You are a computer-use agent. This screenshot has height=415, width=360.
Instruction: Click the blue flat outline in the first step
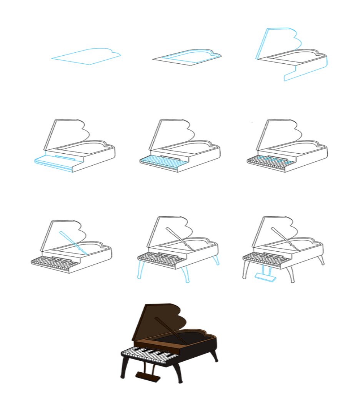click(87, 56)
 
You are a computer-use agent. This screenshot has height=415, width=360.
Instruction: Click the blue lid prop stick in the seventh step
click(73, 243)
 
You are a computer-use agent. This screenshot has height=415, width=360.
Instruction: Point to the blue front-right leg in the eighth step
click(185, 274)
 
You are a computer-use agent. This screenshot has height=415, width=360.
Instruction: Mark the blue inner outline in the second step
click(188, 56)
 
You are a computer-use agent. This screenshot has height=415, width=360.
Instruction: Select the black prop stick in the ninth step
click(285, 239)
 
